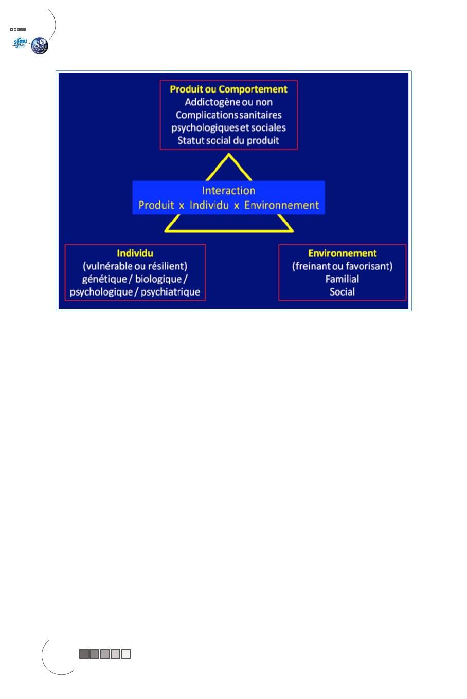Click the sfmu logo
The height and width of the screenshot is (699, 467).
point(20,43)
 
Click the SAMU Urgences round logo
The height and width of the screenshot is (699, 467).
point(40,46)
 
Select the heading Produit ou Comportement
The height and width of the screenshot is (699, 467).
point(228,89)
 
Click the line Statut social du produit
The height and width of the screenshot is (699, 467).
point(228,140)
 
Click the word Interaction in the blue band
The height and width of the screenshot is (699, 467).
point(228,190)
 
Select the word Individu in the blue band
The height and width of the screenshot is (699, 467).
point(209,205)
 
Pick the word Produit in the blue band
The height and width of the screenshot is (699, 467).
point(156,205)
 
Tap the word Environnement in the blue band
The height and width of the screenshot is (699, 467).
point(281,205)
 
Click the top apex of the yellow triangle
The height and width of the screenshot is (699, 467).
point(229,153)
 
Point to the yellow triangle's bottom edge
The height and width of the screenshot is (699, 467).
point(229,231)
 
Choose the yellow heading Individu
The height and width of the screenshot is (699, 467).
point(135,253)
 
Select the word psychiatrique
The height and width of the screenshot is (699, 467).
point(170,292)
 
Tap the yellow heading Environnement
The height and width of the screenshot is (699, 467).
point(342,253)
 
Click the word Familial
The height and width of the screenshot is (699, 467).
point(342,279)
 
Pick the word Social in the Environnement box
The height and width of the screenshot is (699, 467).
point(342,292)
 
